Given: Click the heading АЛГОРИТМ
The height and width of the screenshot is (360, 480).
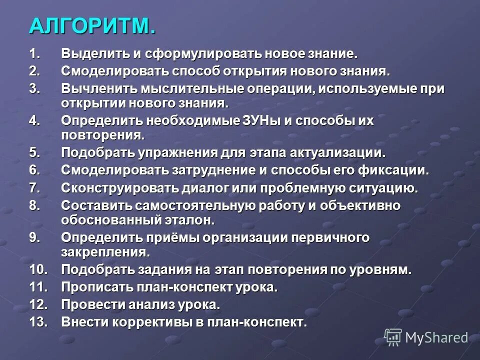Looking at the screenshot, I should point(92,26).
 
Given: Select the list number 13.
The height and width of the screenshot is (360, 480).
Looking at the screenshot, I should point(38,322).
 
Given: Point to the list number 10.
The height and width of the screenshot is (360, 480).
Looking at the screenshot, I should point(38,270).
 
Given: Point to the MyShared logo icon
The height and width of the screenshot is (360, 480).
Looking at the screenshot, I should point(393,337).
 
